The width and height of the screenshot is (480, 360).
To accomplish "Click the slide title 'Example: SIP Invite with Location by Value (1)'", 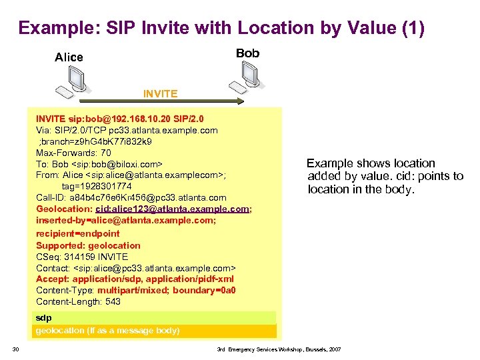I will coord(221,28).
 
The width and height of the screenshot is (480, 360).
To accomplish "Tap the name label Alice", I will coord(69,57).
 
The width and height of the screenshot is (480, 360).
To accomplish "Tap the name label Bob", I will coord(247,53).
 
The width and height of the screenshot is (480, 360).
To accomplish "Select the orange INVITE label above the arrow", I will coord(160,93).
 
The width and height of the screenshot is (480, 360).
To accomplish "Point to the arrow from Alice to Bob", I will coord(160,102).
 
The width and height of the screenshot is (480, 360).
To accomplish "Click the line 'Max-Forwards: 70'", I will coord(73,153).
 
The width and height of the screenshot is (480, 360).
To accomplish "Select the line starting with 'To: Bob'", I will coord(99,164).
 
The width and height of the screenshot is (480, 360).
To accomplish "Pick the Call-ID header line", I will coord(131,197).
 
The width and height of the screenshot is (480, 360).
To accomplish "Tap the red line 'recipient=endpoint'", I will coord(77,233).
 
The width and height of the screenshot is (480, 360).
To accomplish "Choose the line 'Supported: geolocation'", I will coord(88,245).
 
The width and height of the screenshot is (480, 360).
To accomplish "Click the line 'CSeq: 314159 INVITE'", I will coord(81,257).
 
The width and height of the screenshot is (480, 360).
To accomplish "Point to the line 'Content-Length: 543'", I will coord(78,302).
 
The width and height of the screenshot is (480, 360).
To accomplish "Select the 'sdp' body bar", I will coord(155,318).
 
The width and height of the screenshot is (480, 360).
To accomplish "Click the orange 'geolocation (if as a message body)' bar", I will coord(155,331).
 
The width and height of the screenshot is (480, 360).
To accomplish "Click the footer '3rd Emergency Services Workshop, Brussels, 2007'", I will coord(278,349).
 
